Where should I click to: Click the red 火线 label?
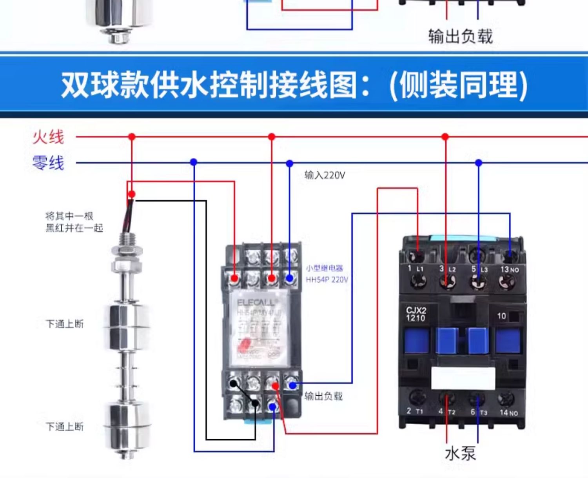[x=48, y=137]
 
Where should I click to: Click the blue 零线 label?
[x=48, y=162]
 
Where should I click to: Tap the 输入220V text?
[x=325, y=175]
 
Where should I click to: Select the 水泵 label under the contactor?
[x=460, y=453]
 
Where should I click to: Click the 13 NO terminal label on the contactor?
[x=509, y=269]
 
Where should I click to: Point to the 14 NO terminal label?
[x=508, y=412]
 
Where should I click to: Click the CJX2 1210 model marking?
[x=416, y=314]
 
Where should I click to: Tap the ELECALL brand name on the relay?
[x=257, y=303]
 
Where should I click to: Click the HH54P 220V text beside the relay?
[x=327, y=280]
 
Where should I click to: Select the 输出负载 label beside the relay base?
[x=323, y=396]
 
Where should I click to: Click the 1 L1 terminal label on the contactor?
[x=415, y=269]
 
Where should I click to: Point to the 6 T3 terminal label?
[x=479, y=412]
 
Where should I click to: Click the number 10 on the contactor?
[x=501, y=316]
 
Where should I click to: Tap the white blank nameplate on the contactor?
[x=463, y=378]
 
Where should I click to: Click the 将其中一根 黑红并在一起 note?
[x=74, y=222]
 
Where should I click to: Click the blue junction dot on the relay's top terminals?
[x=289, y=278]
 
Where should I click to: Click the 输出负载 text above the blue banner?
[x=460, y=36]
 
